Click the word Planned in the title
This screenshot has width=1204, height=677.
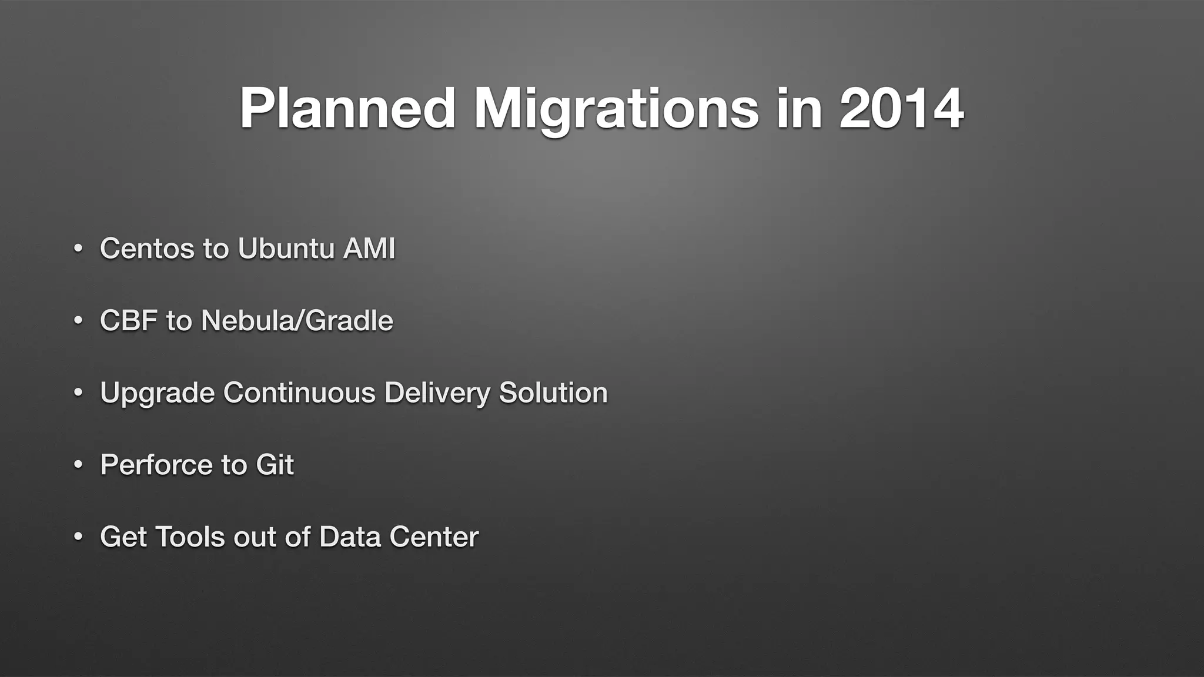point(347,109)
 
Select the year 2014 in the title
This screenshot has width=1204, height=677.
point(901,109)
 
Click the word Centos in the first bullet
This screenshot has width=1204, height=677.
point(147,248)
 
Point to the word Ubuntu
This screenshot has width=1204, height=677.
point(286,248)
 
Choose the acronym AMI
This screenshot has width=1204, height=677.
point(369,248)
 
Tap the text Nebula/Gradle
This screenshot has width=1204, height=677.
point(297,320)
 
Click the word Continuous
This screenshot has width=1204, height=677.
point(299,393)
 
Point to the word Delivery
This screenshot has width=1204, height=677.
point(437,393)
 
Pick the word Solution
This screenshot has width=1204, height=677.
point(553,393)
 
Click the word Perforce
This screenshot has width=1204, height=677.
point(156,465)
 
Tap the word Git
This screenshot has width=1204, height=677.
point(275,465)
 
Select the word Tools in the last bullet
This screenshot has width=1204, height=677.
point(190,537)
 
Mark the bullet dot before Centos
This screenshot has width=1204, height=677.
point(78,249)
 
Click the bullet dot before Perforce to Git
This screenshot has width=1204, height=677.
point(78,465)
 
